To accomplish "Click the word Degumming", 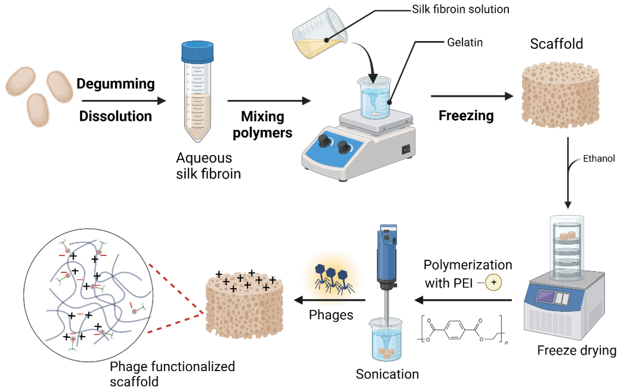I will click(116, 84).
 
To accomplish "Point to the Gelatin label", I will click(465, 43).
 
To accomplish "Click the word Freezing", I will click(466, 115).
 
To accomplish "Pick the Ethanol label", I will click(599, 159).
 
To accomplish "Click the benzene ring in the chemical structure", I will click(455, 330).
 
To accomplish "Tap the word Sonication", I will click(387, 374).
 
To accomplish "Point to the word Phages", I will click(331, 315).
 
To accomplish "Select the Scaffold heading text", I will click(556, 44).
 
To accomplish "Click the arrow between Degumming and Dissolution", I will click(124, 101).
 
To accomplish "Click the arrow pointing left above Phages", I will click(330, 300).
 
